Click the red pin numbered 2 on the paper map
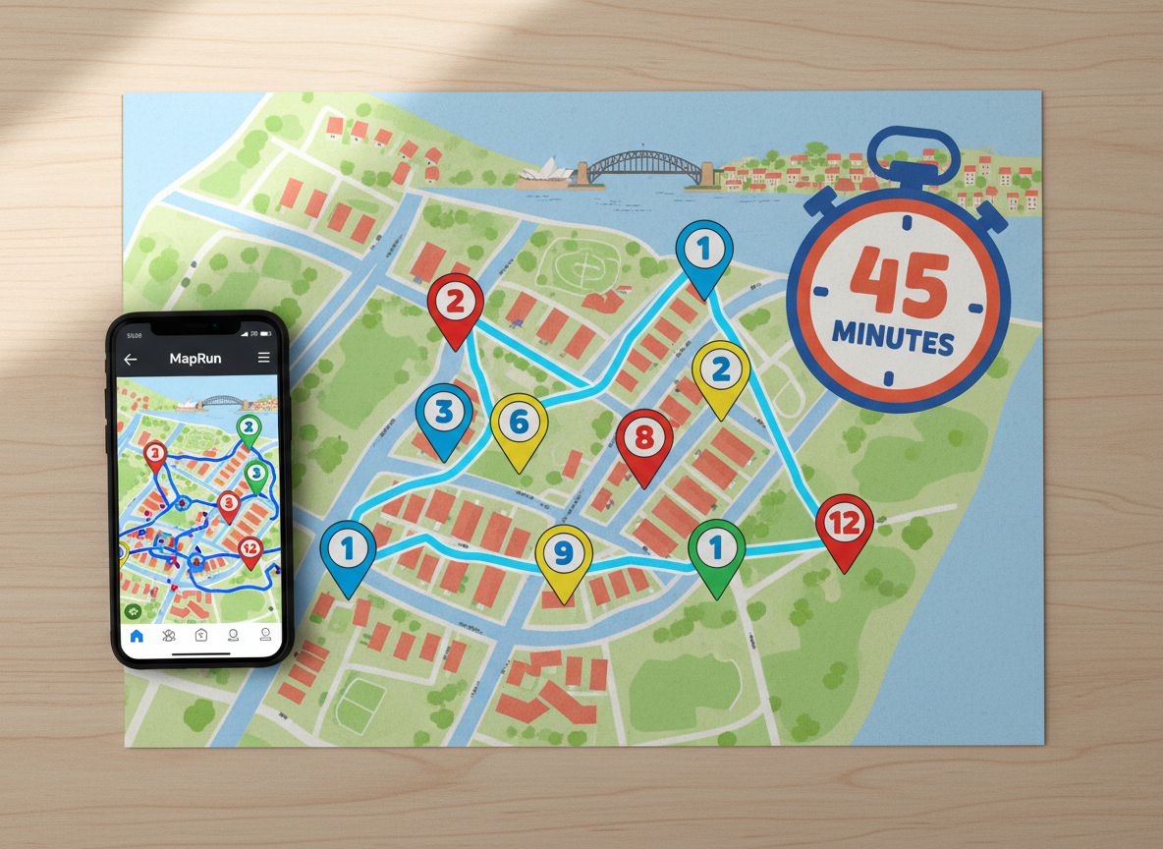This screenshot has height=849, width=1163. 455,303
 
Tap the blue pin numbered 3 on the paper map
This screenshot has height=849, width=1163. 444,413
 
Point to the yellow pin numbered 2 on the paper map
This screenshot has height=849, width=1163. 721,371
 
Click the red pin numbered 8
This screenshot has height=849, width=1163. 644,438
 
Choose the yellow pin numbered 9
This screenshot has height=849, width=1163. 563,554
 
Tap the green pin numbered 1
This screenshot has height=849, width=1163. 716,549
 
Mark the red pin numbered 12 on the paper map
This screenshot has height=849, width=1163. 845,524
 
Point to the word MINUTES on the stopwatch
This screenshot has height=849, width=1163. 894,339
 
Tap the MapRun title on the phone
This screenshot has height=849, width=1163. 195,359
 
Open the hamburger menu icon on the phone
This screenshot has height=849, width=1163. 263,358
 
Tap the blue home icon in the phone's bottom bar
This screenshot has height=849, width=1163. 137,636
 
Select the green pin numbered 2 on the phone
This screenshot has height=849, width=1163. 249,427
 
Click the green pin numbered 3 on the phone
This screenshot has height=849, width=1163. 255,475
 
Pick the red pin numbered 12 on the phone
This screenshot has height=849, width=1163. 249,548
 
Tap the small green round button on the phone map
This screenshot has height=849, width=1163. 133,611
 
